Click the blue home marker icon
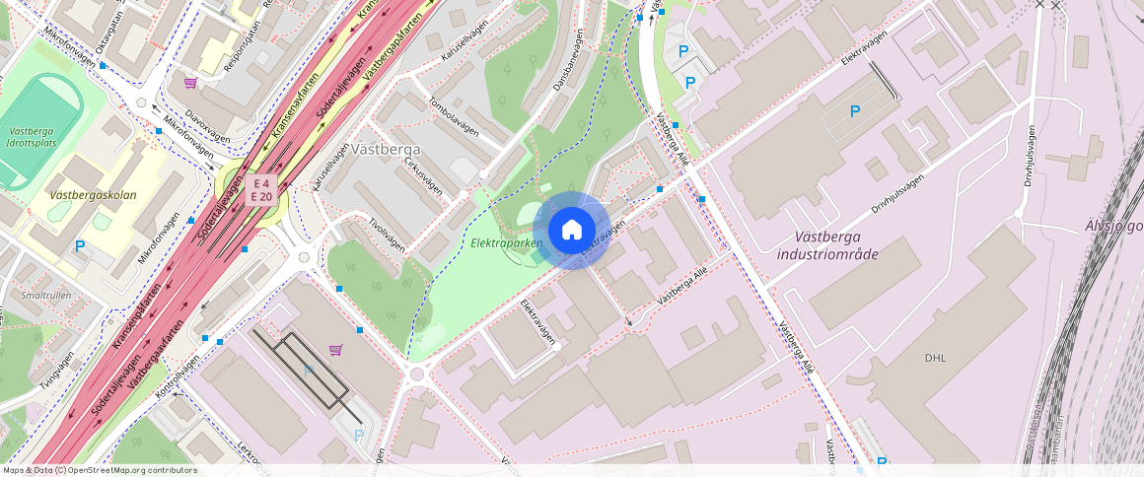[571, 231]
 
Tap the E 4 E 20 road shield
[261, 190]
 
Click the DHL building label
[935, 358]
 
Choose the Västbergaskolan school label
[93, 195]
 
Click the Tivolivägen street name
[386, 235]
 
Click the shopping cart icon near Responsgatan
[189, 83]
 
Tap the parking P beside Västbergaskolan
[80, 246]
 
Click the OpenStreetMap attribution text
[99, 470]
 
